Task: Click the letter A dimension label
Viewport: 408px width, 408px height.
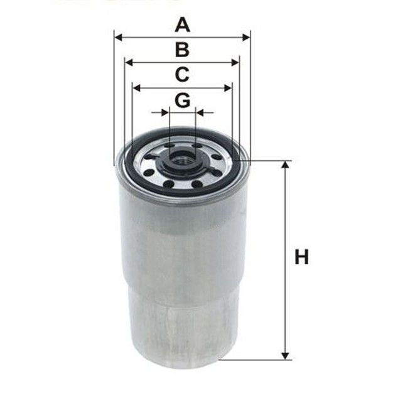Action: coord(182,25)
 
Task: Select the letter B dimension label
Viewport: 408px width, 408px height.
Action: coord(182,50)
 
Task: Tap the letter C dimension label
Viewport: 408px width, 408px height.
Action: coord(182,75)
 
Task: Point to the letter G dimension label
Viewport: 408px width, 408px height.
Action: coord(182,100)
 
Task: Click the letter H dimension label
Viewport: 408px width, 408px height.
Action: coord(302,257)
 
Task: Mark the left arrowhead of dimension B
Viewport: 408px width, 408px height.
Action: coord(129,63)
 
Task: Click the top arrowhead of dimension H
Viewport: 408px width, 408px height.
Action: coord(286,165)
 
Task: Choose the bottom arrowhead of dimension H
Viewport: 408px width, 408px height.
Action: coord(286,356)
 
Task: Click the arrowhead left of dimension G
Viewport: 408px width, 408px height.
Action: coord(165,113)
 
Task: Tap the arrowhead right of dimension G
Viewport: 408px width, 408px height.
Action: coord(200,113)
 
